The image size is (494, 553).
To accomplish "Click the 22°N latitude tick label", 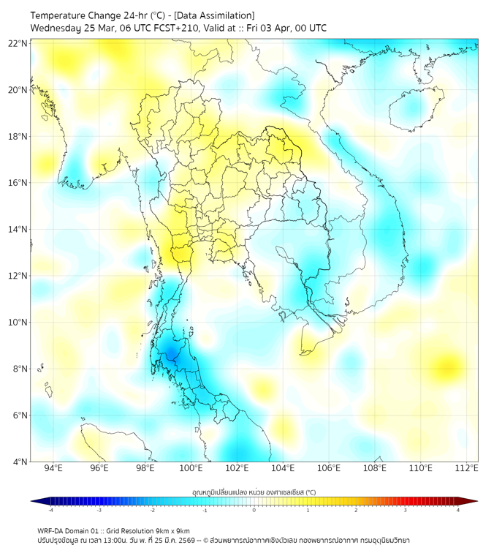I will tap(18, 43).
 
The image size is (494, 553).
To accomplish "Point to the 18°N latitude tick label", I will tap(18, 137).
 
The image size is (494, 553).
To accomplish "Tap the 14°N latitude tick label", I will tap(18, 230).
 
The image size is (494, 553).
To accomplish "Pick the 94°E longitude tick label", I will tap(53, 469).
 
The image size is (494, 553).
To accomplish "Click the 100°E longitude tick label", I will tap(191, 469).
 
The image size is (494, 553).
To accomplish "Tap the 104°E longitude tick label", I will tap(283, 469).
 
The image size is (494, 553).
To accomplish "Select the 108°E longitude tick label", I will tap(375, 469).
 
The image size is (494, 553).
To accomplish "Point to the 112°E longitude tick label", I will tap(467, 469).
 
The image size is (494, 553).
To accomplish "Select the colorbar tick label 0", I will tap(254, 510).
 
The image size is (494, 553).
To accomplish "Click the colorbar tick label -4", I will tap(50, 510).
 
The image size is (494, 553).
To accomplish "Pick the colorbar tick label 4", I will tap(458, 510).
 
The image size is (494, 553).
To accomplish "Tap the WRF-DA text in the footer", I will tap(52, 531).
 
